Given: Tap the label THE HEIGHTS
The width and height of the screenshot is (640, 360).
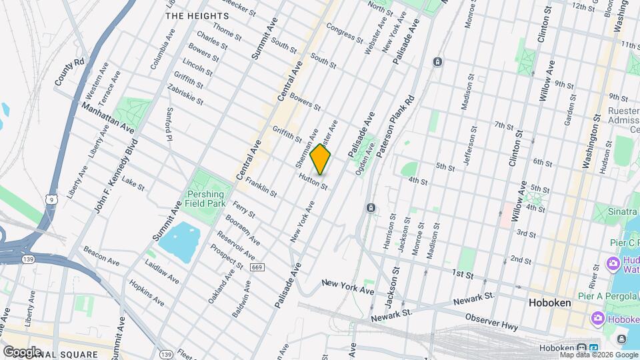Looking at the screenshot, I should [x=193, y=15].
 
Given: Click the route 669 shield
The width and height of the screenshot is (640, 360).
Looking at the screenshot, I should [x=257, y=267].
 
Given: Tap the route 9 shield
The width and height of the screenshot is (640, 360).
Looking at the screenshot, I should [x=50, y=199].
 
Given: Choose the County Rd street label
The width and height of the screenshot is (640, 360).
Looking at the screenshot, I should [x=69, y=71].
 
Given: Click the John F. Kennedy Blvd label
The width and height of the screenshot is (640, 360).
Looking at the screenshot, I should [x=115, y=176].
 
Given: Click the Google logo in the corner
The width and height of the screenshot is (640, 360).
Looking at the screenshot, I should [x=22, y=351].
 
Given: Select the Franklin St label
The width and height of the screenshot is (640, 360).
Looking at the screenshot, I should [x=261, y=186].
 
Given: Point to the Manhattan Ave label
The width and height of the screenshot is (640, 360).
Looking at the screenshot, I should [x=109, y=117].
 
